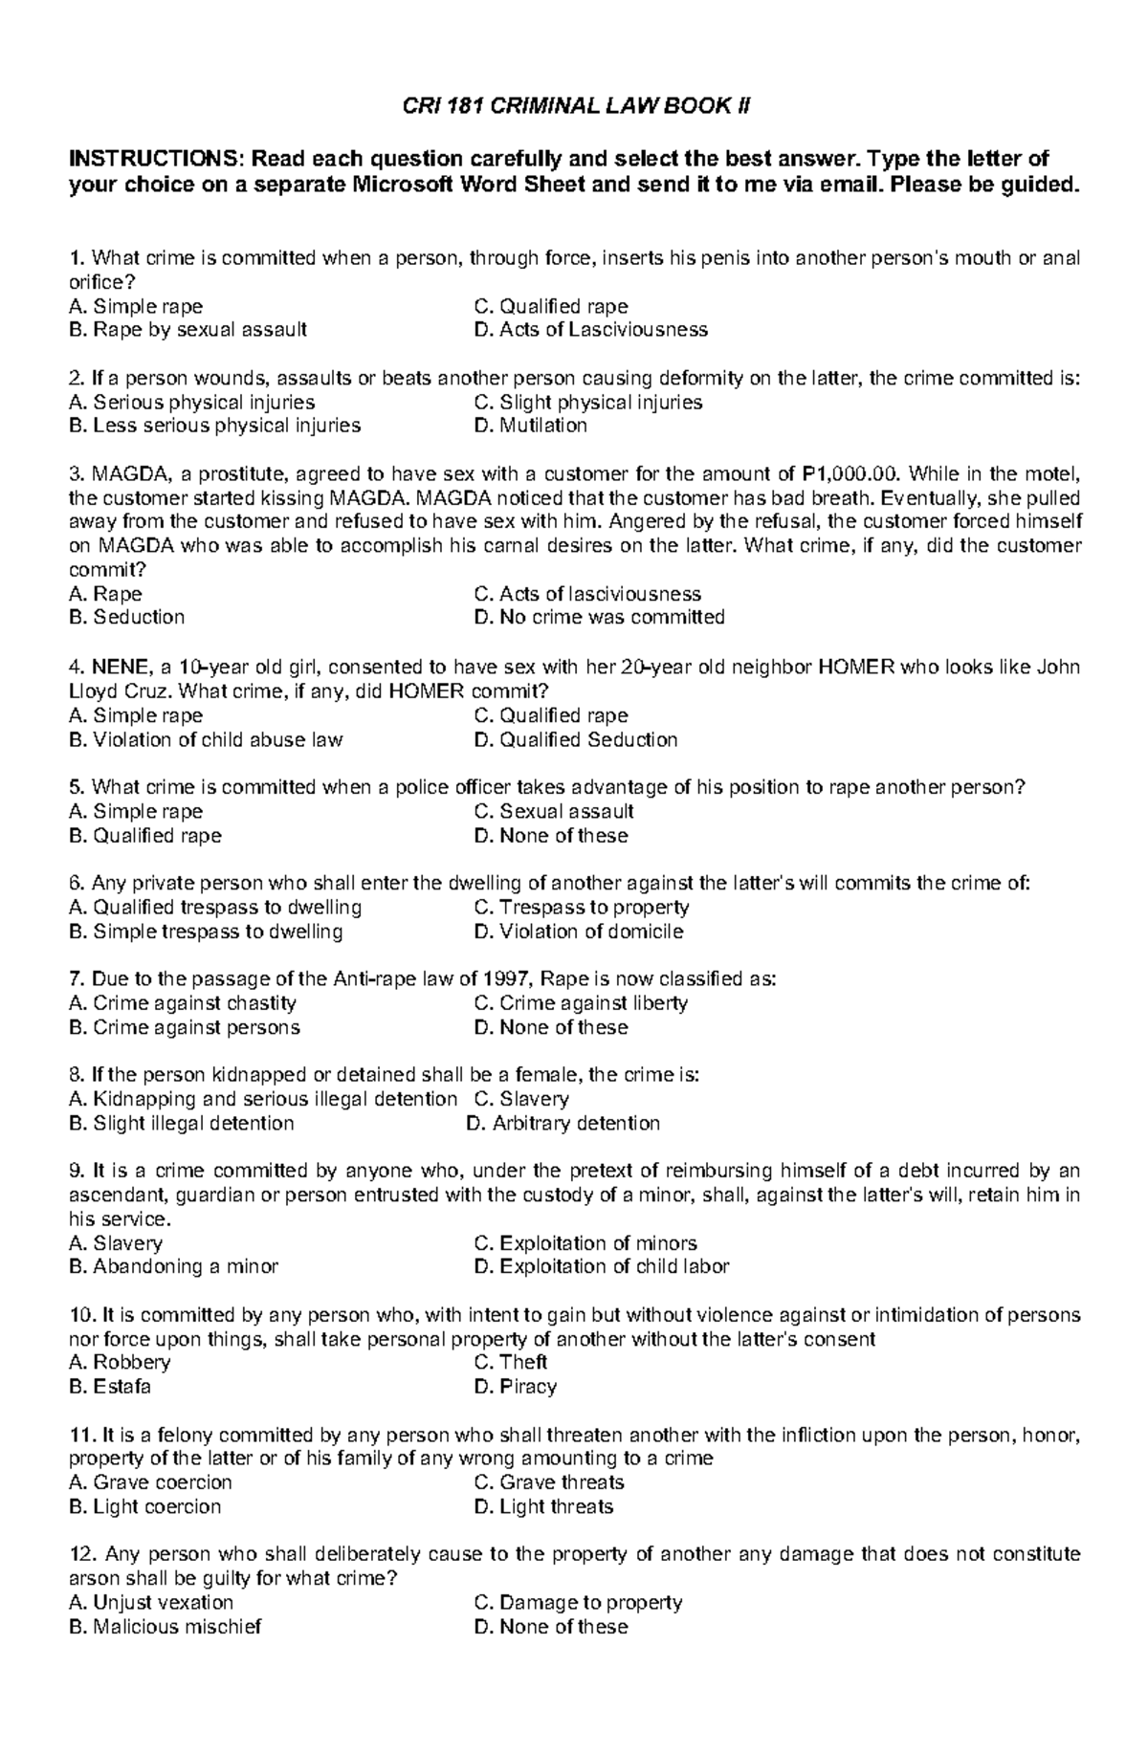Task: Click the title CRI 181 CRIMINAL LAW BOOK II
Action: [574, 106]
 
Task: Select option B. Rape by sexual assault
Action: [188, 330]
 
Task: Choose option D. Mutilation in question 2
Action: [530, 426]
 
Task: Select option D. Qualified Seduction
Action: [575, 739]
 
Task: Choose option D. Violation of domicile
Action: [578, 932]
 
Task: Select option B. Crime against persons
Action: [184, 1027]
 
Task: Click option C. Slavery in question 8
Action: [521, 1099]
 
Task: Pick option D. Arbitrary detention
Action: [563, 1123]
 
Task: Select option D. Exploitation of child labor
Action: [601, 1266]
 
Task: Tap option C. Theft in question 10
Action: [510, 1362]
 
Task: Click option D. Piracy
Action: [515, 1386]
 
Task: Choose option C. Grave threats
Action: [548, 1482]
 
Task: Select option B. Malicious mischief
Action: [165, 1626]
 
